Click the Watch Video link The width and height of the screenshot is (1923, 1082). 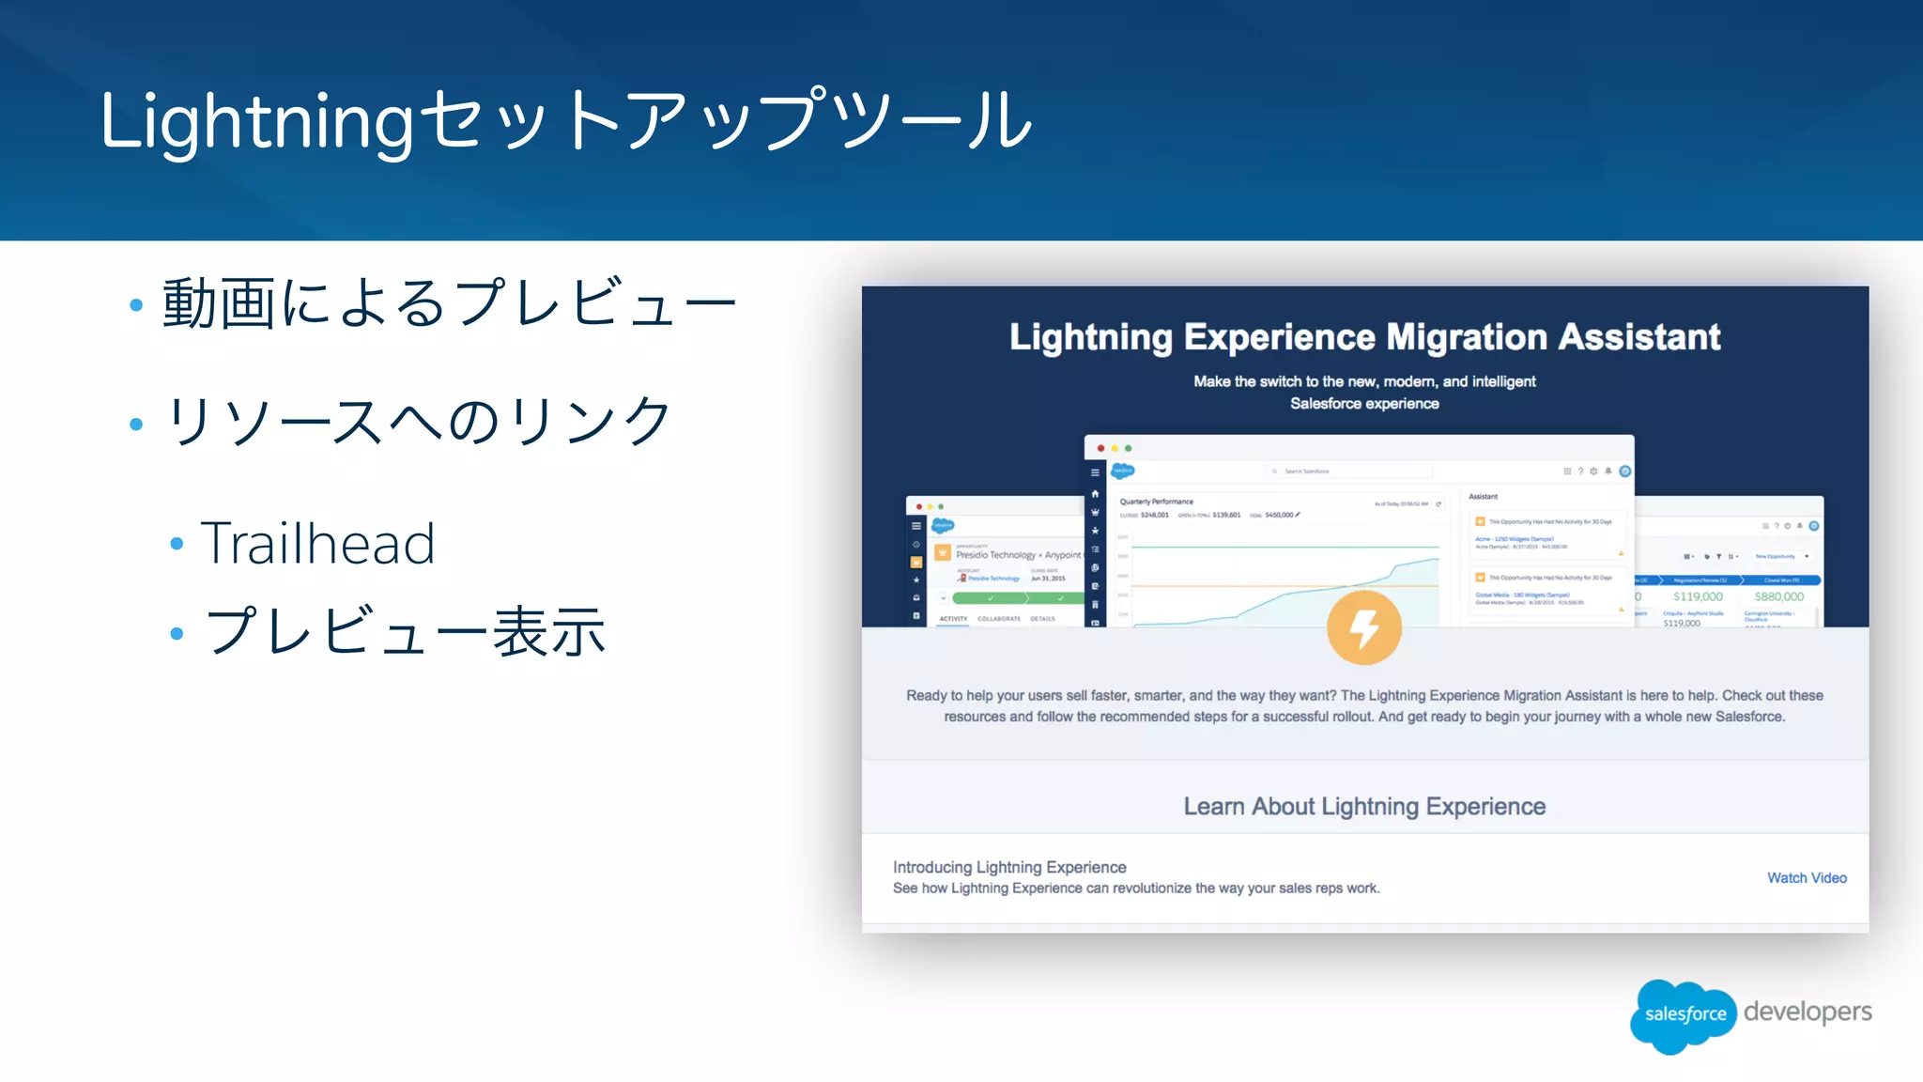[x=1807, y=877]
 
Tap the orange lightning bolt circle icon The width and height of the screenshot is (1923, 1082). [x=1363, y=627]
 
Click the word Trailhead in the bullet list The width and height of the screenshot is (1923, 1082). [x=317, y=543]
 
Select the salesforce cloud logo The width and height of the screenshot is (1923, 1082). [x=1685, y=1014]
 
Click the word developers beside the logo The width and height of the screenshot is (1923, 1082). [x=1808, y=1012]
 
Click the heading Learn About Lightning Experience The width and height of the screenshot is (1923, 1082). [x=1363, y=806]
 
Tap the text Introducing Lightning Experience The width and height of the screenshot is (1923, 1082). [x=1009, y=867]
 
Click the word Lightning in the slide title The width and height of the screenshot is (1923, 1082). [x=255, y=122]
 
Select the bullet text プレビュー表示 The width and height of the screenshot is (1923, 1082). [x=406, y=631]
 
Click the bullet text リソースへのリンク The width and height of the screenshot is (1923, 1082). [x=418, y=420]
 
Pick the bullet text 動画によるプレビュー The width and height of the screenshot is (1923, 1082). [x=449, y=303]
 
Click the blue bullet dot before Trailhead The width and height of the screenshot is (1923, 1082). [x=177, y=544]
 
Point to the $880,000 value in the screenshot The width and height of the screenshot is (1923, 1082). [x=1778, y=596]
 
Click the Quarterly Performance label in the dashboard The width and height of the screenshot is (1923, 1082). [x=1156, y=502]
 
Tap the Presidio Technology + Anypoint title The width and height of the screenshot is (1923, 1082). [x=1018, y=555]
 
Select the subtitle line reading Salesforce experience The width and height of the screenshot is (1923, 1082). [x=1363, y=403]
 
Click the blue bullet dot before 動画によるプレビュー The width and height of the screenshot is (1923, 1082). [x=136, y=305]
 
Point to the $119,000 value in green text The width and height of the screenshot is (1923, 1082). [x=1697, y=596]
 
